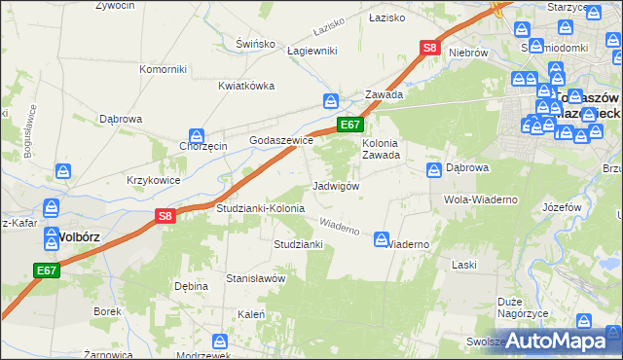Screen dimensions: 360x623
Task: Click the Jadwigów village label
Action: pos(337,186)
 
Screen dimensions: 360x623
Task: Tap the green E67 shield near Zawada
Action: pos(351,125)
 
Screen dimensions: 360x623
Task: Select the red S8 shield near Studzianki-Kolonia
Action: pos(165,217)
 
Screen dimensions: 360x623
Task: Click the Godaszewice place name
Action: pos(281,140)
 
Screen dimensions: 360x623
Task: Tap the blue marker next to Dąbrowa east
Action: pos(433,170)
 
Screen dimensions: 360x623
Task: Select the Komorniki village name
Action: pos(163,69)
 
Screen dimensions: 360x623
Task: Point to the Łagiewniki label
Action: pos(311,51)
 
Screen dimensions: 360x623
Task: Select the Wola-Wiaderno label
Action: pos(481,199)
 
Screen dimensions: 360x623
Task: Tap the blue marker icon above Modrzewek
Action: pos(220,341)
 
